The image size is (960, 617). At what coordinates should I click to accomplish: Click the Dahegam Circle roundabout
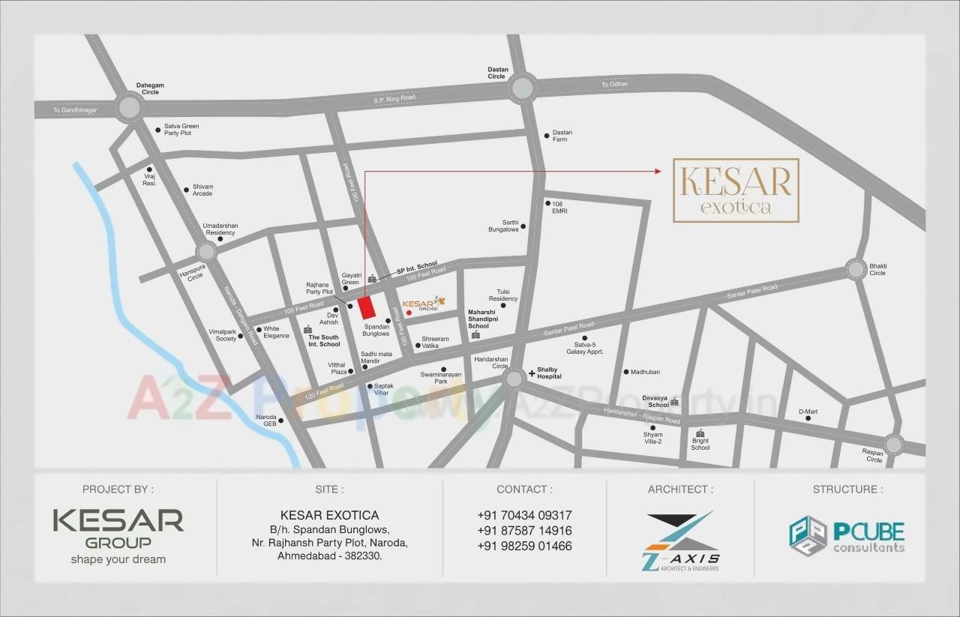pos(130,107)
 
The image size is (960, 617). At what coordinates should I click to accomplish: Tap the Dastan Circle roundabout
pos(521,89)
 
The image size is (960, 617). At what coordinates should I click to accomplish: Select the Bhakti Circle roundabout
pos(856,268)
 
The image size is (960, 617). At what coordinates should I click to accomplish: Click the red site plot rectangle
pos(366,308)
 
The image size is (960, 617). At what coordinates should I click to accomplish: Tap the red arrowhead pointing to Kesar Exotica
pos(658,172)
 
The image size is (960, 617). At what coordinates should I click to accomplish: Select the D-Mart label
pos(808,412)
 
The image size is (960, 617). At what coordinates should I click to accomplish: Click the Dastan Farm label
pos(562,136)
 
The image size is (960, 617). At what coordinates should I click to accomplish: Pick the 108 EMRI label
pos(559,207)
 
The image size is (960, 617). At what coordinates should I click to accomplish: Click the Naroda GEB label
pos(266,421)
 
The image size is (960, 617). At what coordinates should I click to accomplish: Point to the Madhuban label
pos(645,372)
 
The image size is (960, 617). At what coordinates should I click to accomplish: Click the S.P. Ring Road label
pos(394,99)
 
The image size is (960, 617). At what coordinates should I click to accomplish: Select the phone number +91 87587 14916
pos(524,531)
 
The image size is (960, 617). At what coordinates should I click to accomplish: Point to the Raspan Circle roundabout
pos(892,444)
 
